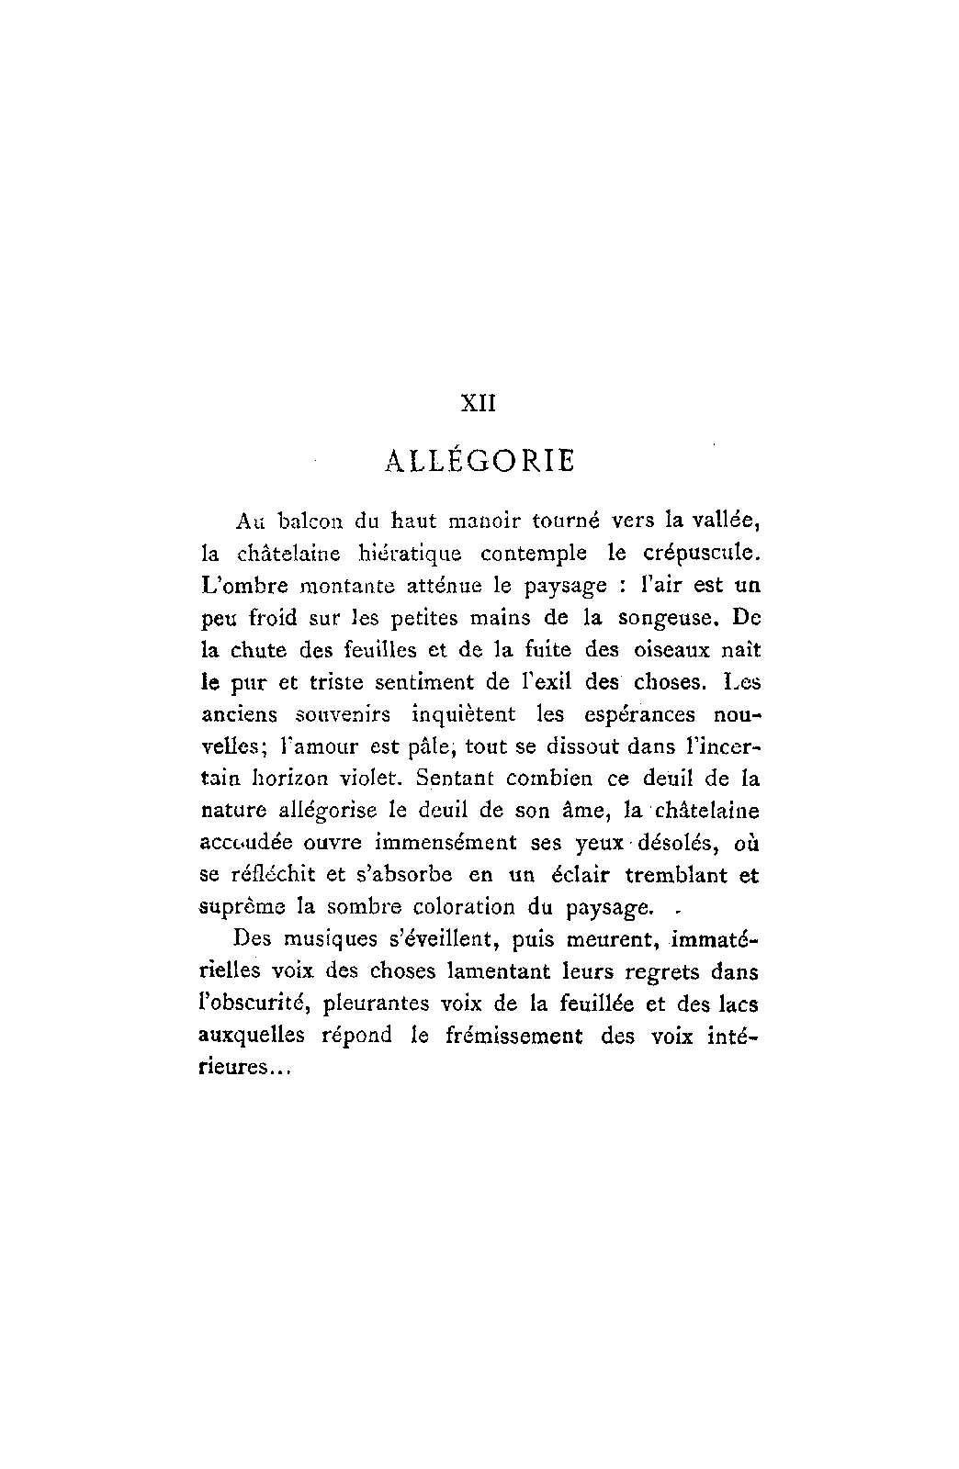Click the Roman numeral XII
(478, 403)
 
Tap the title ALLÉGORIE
(478, 459)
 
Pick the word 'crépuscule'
(702, 554)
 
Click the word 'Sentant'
(455, 779)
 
